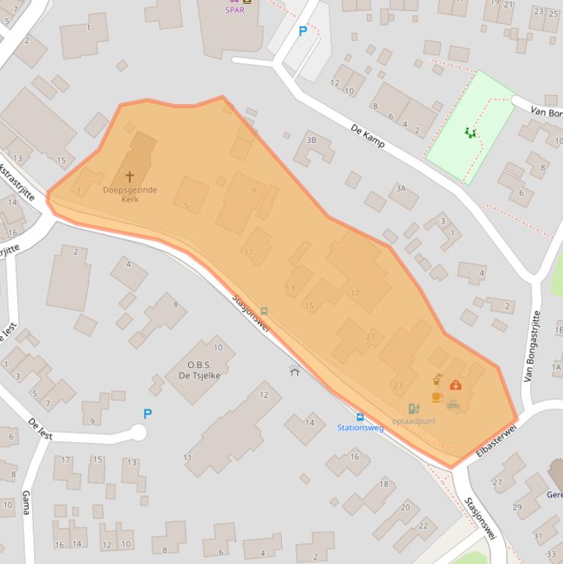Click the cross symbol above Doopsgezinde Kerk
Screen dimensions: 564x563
pos(130,177)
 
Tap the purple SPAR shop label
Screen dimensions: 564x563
pos(234,10)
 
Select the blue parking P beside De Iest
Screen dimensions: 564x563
pos(147,414)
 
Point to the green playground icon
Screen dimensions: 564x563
pos(470,133)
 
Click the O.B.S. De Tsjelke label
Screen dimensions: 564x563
pos(199,371)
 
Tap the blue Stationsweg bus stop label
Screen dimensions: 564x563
pos(360,428)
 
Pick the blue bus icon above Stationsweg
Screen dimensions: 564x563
pos(360,417)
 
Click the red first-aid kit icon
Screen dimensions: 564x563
pos(455,385)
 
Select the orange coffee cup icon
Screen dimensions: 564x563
pos(436,397)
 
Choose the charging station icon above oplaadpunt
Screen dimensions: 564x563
pos(414,409)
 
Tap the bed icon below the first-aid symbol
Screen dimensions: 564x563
pos(453,404)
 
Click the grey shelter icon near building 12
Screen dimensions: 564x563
pos(294,371)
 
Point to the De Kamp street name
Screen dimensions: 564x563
pos(368,135)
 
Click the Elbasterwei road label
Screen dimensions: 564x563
pos(496,440)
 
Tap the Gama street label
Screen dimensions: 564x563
pos(26,503)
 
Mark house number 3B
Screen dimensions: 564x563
pos(311,140)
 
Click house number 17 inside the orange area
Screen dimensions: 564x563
pos(355,293)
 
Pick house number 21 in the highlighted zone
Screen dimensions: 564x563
pos(370,337)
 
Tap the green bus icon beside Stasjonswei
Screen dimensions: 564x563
pos(264,311)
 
